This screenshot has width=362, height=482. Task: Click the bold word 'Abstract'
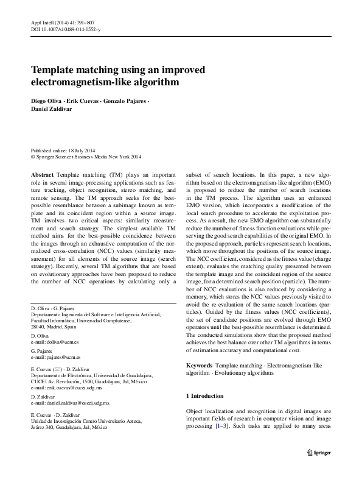(42, 174)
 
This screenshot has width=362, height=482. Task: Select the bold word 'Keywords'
(199, 364)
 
